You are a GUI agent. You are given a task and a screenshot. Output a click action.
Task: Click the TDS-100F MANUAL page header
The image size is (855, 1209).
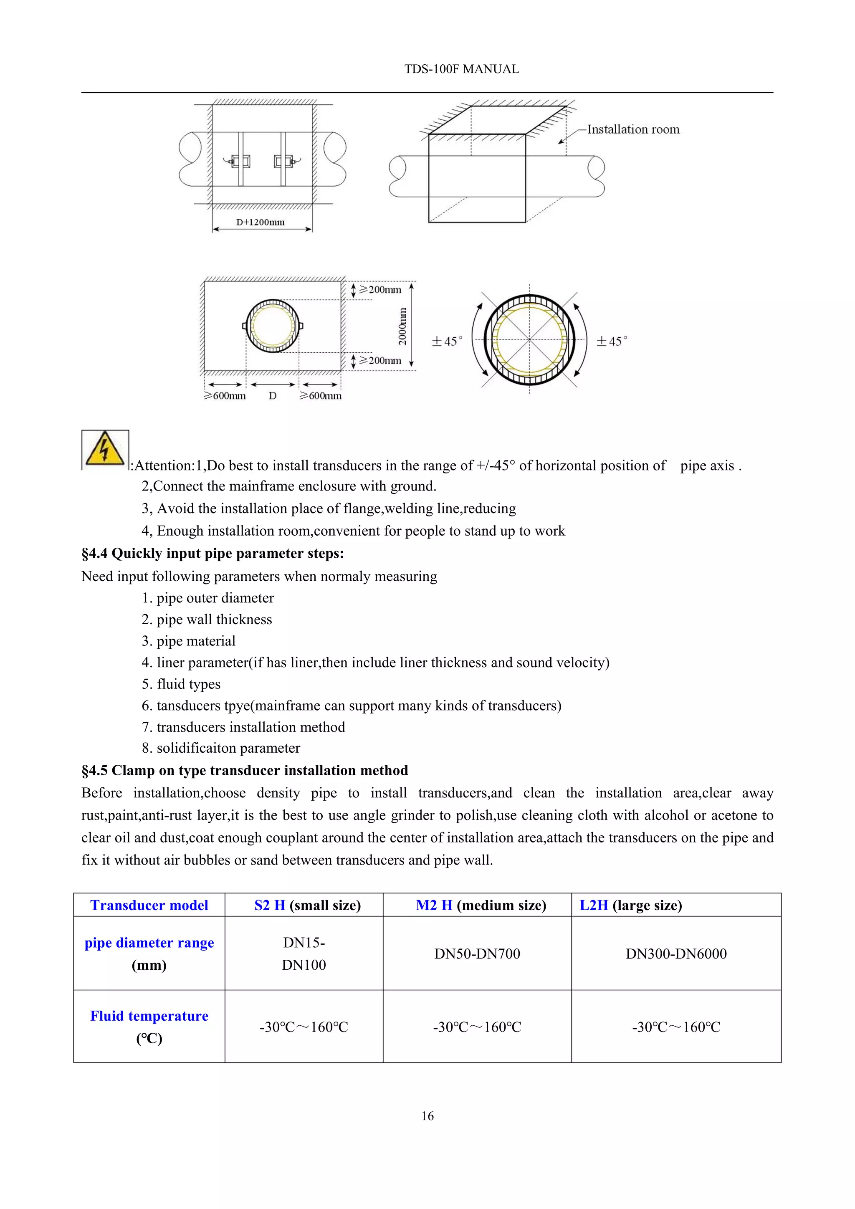tap(461, 69)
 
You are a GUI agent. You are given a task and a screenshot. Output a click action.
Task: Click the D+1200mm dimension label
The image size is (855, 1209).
tap(260, 222)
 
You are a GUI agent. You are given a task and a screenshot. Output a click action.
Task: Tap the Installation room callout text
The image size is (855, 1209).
tap(633, 129)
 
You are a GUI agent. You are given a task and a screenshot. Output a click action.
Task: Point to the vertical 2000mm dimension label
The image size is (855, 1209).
tap(403, 326)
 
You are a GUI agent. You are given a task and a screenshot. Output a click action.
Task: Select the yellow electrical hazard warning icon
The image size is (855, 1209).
tap(105, 449)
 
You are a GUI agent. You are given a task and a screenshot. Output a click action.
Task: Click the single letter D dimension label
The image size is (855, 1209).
tap(272, 396)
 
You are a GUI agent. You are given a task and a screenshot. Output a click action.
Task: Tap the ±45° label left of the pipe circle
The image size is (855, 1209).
tap(447, 341)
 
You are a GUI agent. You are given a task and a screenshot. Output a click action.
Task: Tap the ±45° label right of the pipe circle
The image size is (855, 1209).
tap(612, 341)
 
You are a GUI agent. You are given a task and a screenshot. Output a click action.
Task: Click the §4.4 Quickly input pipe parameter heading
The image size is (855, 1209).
tap(212, 554)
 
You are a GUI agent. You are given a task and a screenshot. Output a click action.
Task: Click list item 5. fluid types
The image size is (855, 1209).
tap(181, 684)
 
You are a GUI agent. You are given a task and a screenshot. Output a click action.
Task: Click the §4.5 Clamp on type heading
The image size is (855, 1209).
tap(245, 770)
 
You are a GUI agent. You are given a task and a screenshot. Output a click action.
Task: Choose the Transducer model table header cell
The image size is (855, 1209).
tap(149, 905)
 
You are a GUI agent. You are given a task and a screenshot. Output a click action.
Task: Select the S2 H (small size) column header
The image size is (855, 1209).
tap(307, 905)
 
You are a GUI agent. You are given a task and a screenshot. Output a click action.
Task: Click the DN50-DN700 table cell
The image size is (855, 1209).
tap(477, 954)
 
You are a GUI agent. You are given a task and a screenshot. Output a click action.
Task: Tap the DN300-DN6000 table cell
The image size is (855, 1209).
tap(676, 954)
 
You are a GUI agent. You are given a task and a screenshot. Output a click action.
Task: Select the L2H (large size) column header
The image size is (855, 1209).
tap(631, 905)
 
